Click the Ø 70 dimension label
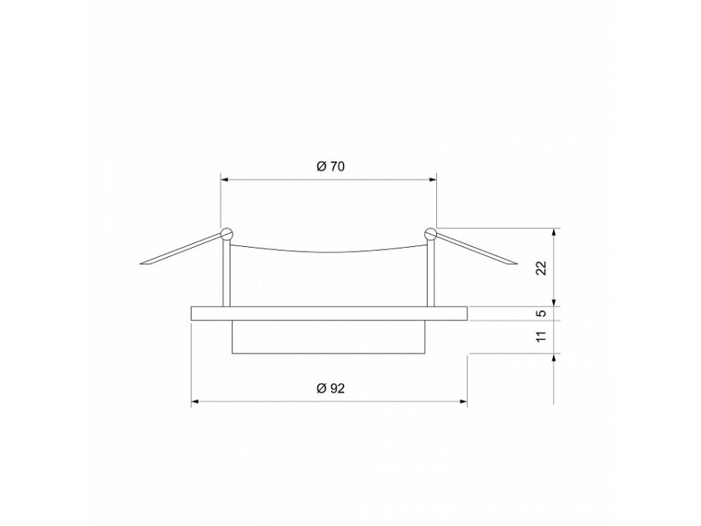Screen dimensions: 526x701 330,166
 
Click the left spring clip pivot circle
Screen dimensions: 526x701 227,233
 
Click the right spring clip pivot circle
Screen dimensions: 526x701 431,233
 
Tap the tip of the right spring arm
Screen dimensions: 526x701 515,264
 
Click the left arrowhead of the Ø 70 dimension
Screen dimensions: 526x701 225,178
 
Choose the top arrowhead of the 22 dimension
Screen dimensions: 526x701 555,231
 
